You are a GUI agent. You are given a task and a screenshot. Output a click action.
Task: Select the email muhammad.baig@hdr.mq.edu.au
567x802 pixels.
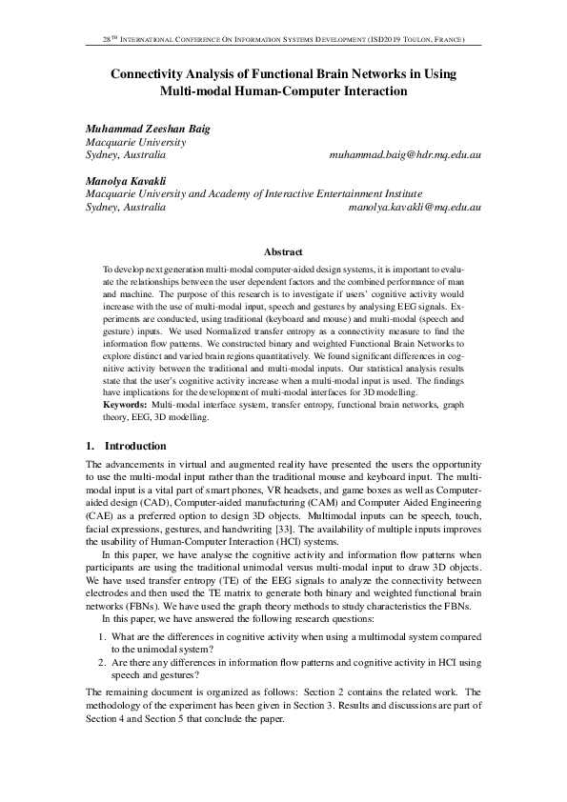click(x=404, y=153)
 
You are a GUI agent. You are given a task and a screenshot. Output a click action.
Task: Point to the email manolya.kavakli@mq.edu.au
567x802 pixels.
click(x=415, y=205)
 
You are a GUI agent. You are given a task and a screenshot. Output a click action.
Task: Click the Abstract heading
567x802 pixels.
click(x=283, y=252)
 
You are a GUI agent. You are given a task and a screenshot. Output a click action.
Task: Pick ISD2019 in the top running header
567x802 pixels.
click(x=385, y=41)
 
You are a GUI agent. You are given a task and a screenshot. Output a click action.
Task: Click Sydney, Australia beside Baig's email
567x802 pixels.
click(x=126, y=153)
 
